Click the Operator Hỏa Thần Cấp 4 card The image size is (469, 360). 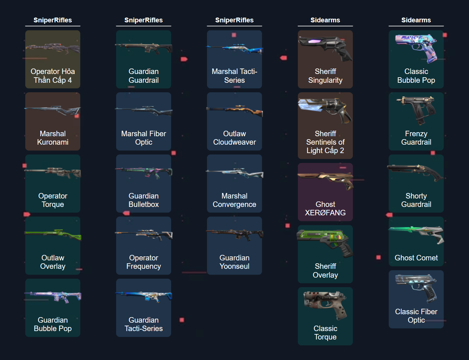pos(53,59)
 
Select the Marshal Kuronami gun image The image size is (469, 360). pos(53,110)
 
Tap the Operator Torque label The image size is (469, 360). pos(53,200)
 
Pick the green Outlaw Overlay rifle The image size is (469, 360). pos(53,234)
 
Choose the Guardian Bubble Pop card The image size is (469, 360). pos(53,308)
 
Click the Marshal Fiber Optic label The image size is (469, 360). pos(144,138)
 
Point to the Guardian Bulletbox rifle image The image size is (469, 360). pos(144,172)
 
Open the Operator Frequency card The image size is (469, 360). pos(144,246)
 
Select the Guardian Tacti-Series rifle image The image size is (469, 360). pos(144,296)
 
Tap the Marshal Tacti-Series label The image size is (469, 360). pos(234,76)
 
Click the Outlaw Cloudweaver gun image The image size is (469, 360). pos(234,110)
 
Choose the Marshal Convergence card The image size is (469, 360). pos(234,183)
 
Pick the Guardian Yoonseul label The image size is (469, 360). pos(234,262)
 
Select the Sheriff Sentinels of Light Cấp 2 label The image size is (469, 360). pos(325,142)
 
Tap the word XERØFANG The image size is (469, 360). pos(325,213)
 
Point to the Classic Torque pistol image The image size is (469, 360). pos(325,304)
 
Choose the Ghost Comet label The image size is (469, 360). pos(416,258)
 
